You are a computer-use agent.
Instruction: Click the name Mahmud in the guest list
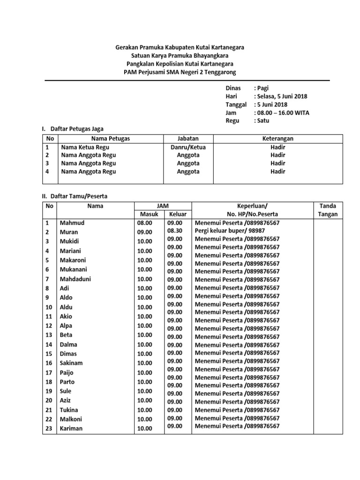[x=72, y=223]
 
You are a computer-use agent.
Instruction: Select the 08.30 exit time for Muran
[x=174, y=231]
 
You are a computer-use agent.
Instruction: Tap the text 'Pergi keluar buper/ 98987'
[x=230, y=231]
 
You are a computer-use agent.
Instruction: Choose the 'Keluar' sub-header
[x=178, y=214]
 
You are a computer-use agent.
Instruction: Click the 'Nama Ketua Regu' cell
[x=85, y=147]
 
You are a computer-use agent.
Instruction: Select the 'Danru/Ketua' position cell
[x=188, y=147]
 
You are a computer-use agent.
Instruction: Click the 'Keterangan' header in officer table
[x=278, y=139]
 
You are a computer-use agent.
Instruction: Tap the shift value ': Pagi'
[x=261, y=88]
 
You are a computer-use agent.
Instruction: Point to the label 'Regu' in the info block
[x=232, y=120]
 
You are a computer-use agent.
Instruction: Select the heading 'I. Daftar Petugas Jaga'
[x=73, y=128]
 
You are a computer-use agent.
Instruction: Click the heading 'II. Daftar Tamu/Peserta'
[x=75, y=196]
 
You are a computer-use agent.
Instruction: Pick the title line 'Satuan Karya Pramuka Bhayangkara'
[x=180, y=56]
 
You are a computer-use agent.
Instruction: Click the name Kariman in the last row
[x=71, y=428]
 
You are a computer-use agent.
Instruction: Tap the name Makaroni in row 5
[x=73, y=260]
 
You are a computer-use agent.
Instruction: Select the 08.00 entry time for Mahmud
[x=144, y=223]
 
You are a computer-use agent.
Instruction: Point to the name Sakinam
[x=72, y=363]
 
